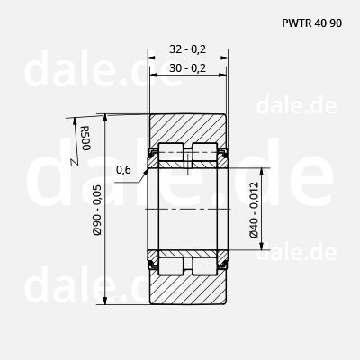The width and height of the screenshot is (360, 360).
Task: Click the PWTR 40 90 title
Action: point(311,23)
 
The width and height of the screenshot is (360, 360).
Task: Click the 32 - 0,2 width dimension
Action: point(188,49)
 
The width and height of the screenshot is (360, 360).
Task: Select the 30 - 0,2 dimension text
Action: point(188,68)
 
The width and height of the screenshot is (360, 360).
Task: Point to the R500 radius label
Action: point(85,138)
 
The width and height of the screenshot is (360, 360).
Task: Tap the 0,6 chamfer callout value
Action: point(123,170)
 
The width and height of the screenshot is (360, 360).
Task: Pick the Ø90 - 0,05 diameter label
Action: point(97,210)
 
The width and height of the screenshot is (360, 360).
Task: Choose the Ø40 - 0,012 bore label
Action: point(254,210)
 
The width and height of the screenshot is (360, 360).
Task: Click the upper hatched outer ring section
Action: point(187,128)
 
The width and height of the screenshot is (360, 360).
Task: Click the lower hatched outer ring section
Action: point(187,288)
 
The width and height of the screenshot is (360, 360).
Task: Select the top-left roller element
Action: point(171,151)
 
